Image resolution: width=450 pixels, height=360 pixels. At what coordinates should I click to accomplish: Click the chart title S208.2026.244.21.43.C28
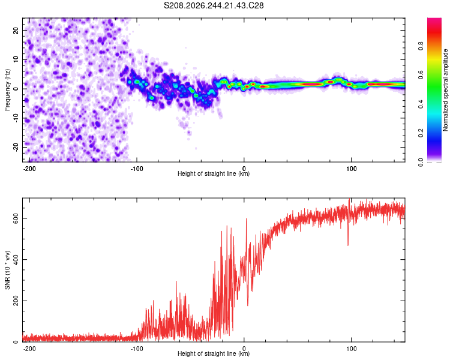(x=214, y=5)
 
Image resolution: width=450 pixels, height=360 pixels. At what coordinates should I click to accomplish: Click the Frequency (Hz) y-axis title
(x=7, y=90)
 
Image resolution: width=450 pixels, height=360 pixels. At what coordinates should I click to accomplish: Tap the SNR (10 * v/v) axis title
(x=7, y=270)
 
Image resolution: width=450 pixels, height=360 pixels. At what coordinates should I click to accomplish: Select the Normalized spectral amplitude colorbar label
(x=445, y=90)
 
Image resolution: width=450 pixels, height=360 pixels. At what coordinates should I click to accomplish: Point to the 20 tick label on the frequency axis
(x=16, y=30)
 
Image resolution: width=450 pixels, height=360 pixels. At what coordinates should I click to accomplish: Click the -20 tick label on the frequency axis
(x=16, y=148)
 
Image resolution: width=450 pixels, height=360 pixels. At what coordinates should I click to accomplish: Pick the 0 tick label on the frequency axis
(x=16, y=89)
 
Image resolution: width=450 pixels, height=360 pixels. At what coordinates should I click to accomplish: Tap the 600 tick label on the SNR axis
(x=16, y=218)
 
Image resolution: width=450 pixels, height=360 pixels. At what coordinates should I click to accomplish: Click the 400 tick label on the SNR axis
(x=16, y=260)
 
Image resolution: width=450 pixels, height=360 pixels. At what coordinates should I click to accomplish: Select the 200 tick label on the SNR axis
(x=16, y=301)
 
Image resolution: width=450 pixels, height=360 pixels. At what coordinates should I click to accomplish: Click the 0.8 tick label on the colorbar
(x=421, y=46)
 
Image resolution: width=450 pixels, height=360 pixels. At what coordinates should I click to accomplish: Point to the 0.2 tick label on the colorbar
(x=421, y=133)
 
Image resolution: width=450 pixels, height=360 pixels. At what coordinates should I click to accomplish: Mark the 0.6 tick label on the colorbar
(x=421, y=75)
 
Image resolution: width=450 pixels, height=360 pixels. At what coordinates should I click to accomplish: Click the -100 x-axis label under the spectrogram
(x=137, y=169)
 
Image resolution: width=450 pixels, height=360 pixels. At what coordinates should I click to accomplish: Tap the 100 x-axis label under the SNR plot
(x=351, y=349)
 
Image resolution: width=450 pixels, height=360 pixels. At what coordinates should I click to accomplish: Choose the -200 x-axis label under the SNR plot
(x=29, y=349)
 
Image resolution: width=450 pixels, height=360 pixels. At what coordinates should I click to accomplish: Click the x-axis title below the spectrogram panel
(x=214, y=173)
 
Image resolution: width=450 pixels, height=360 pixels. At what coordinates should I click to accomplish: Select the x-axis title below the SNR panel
(x=214, y=353)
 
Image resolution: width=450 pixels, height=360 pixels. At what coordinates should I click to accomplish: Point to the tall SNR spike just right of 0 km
(x=246, y=230)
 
